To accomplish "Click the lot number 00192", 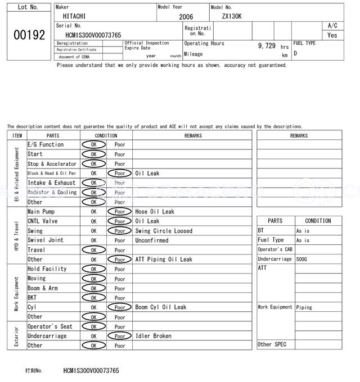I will pos(29,35).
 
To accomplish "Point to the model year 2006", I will pos(186,17).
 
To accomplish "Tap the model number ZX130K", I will pos(231,16).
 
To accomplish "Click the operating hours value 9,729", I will pos(267,46).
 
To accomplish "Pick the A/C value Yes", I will pos(332,35).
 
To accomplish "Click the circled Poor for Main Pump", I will pos(119,212).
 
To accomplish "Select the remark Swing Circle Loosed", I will pos(164,231).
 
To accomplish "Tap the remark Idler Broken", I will pos(154,336).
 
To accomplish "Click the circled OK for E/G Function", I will pos(93,144).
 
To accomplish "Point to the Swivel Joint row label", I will pos(46,240).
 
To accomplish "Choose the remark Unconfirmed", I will pos(152,240).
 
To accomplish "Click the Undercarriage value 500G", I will pos(302,259).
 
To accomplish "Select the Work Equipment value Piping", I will pos(304,307).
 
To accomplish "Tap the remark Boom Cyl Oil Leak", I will pos(161,307).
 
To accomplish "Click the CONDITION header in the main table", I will pos(106,135).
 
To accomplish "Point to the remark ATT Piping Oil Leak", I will pos(164,260).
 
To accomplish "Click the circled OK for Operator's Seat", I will pos(93,326).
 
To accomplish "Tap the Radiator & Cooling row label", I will pos(52,192).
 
